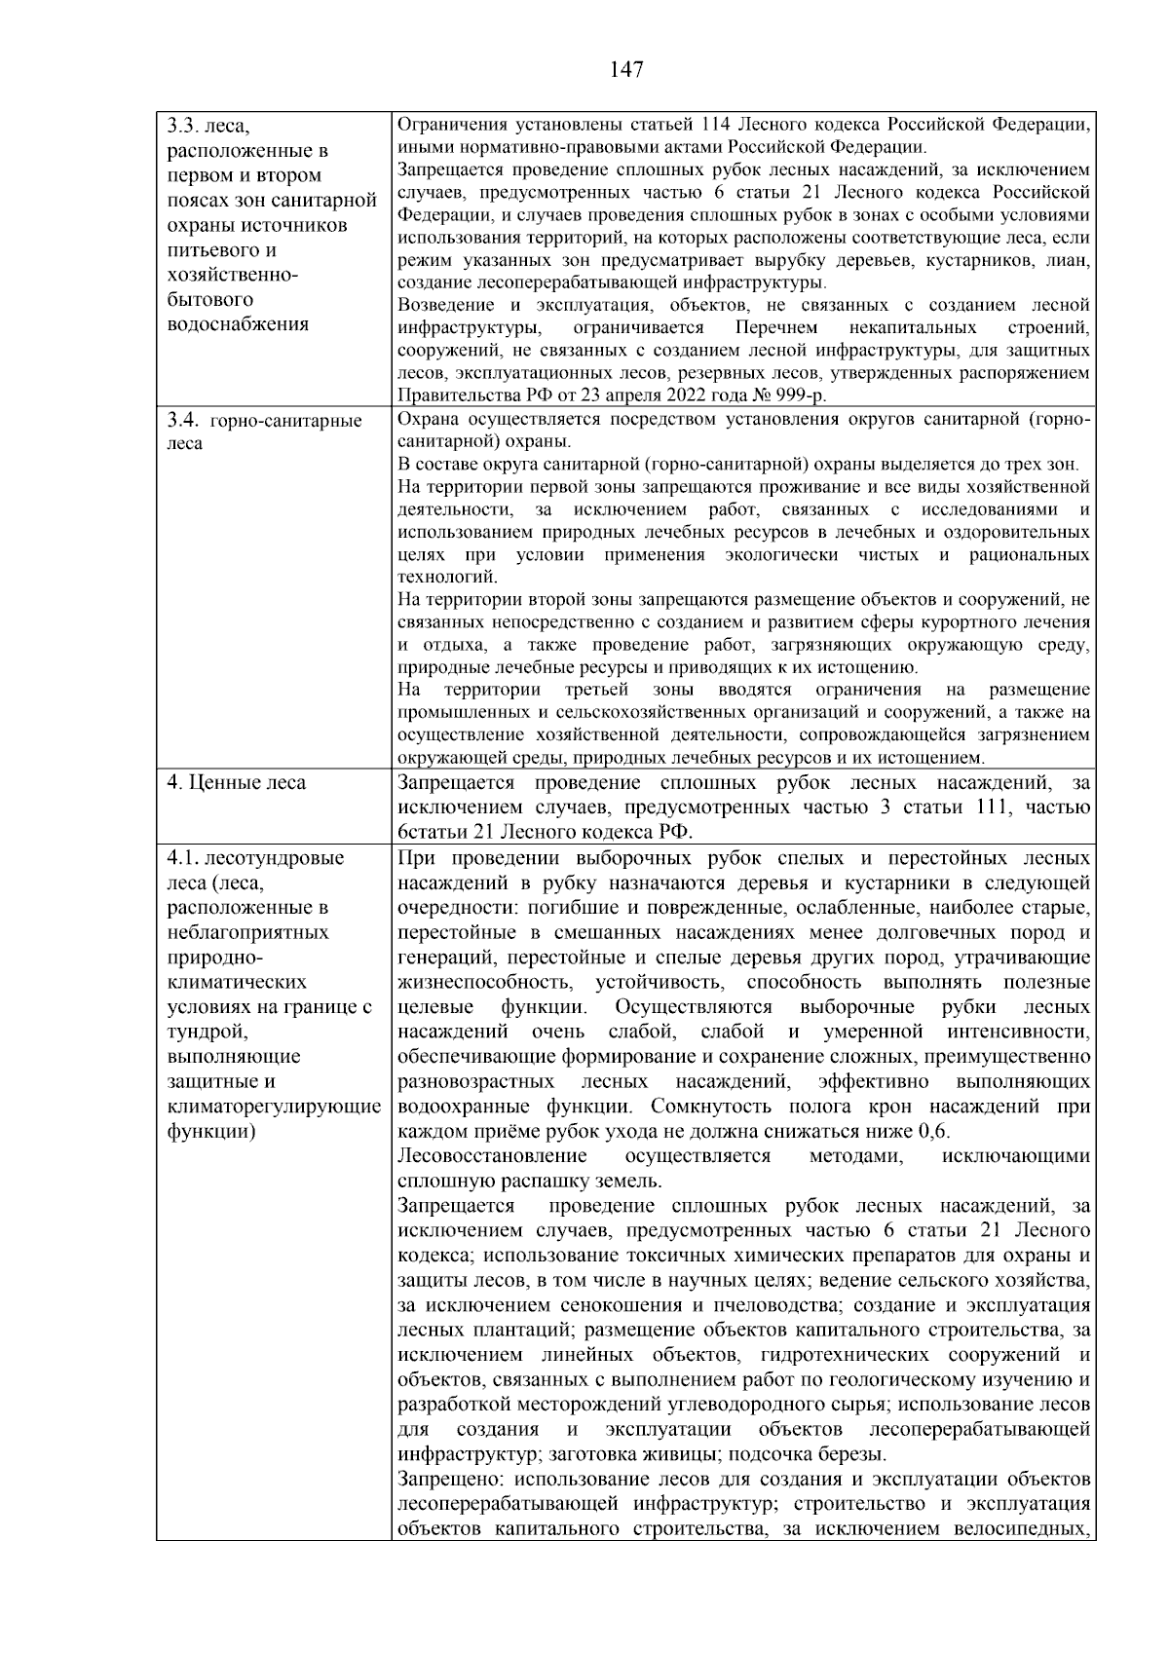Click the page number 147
click(x=626, y=69)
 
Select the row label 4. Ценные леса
click(x=237, y=783)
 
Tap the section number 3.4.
click(x=183, y=421)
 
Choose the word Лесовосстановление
click(x=493, y=1156)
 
